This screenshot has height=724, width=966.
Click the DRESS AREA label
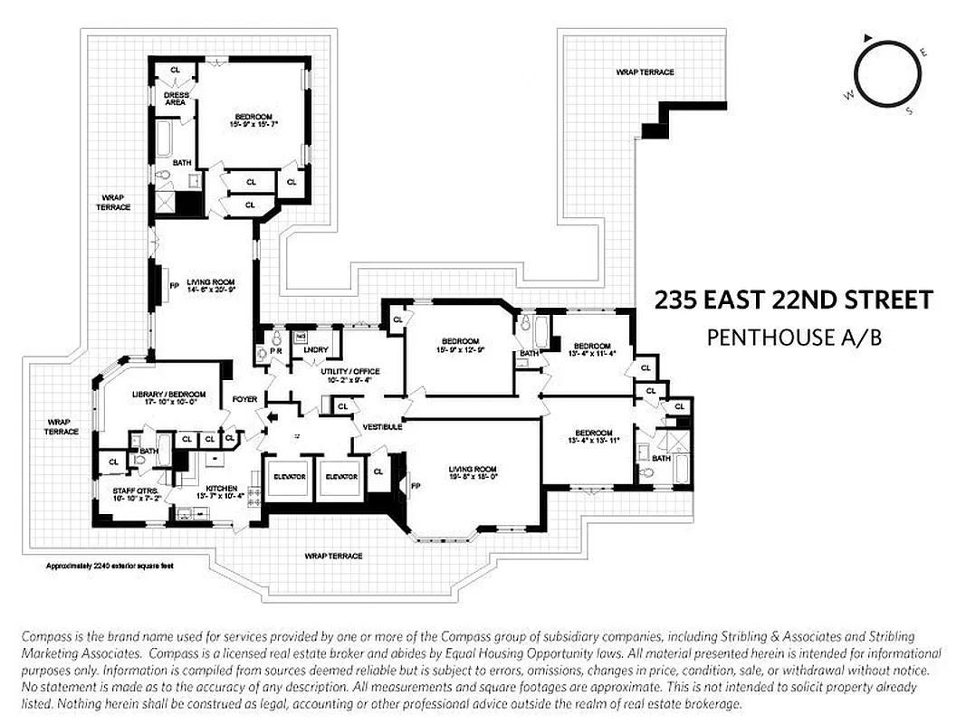click(175, 98)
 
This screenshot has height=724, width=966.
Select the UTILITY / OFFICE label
click(349, 372)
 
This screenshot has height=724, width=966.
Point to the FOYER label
click(244, 398)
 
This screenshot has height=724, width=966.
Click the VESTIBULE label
click(381, 426)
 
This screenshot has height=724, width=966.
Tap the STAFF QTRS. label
click(131, 493)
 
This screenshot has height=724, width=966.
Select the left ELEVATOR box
click(289, 476)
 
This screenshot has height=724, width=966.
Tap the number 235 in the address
click(675, 300)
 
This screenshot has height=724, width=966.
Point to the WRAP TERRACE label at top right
click(645, 71)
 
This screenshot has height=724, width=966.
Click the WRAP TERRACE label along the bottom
click(333, 556)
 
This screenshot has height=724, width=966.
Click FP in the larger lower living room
click(416, 485)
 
